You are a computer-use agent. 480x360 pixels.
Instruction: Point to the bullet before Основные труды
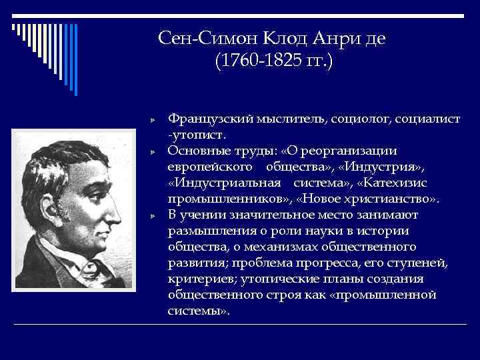tap(152, 152)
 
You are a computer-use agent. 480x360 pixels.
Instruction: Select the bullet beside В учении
tap(152, 216)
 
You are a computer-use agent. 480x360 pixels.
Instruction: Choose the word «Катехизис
tap(398, 183)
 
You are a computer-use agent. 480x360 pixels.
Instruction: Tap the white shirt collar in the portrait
tap(80, 264)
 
